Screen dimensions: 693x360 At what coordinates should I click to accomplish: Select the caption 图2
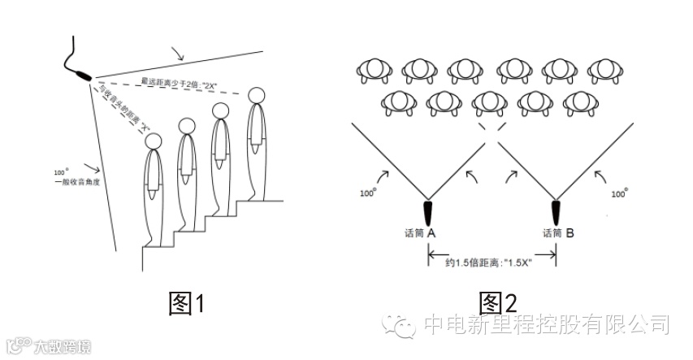coord(498,305)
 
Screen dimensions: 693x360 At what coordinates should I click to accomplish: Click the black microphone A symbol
coord(430,212)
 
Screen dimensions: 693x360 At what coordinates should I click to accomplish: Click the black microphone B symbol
coord(557,212)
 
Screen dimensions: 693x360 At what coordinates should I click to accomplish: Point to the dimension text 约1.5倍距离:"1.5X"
coord(493,265)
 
